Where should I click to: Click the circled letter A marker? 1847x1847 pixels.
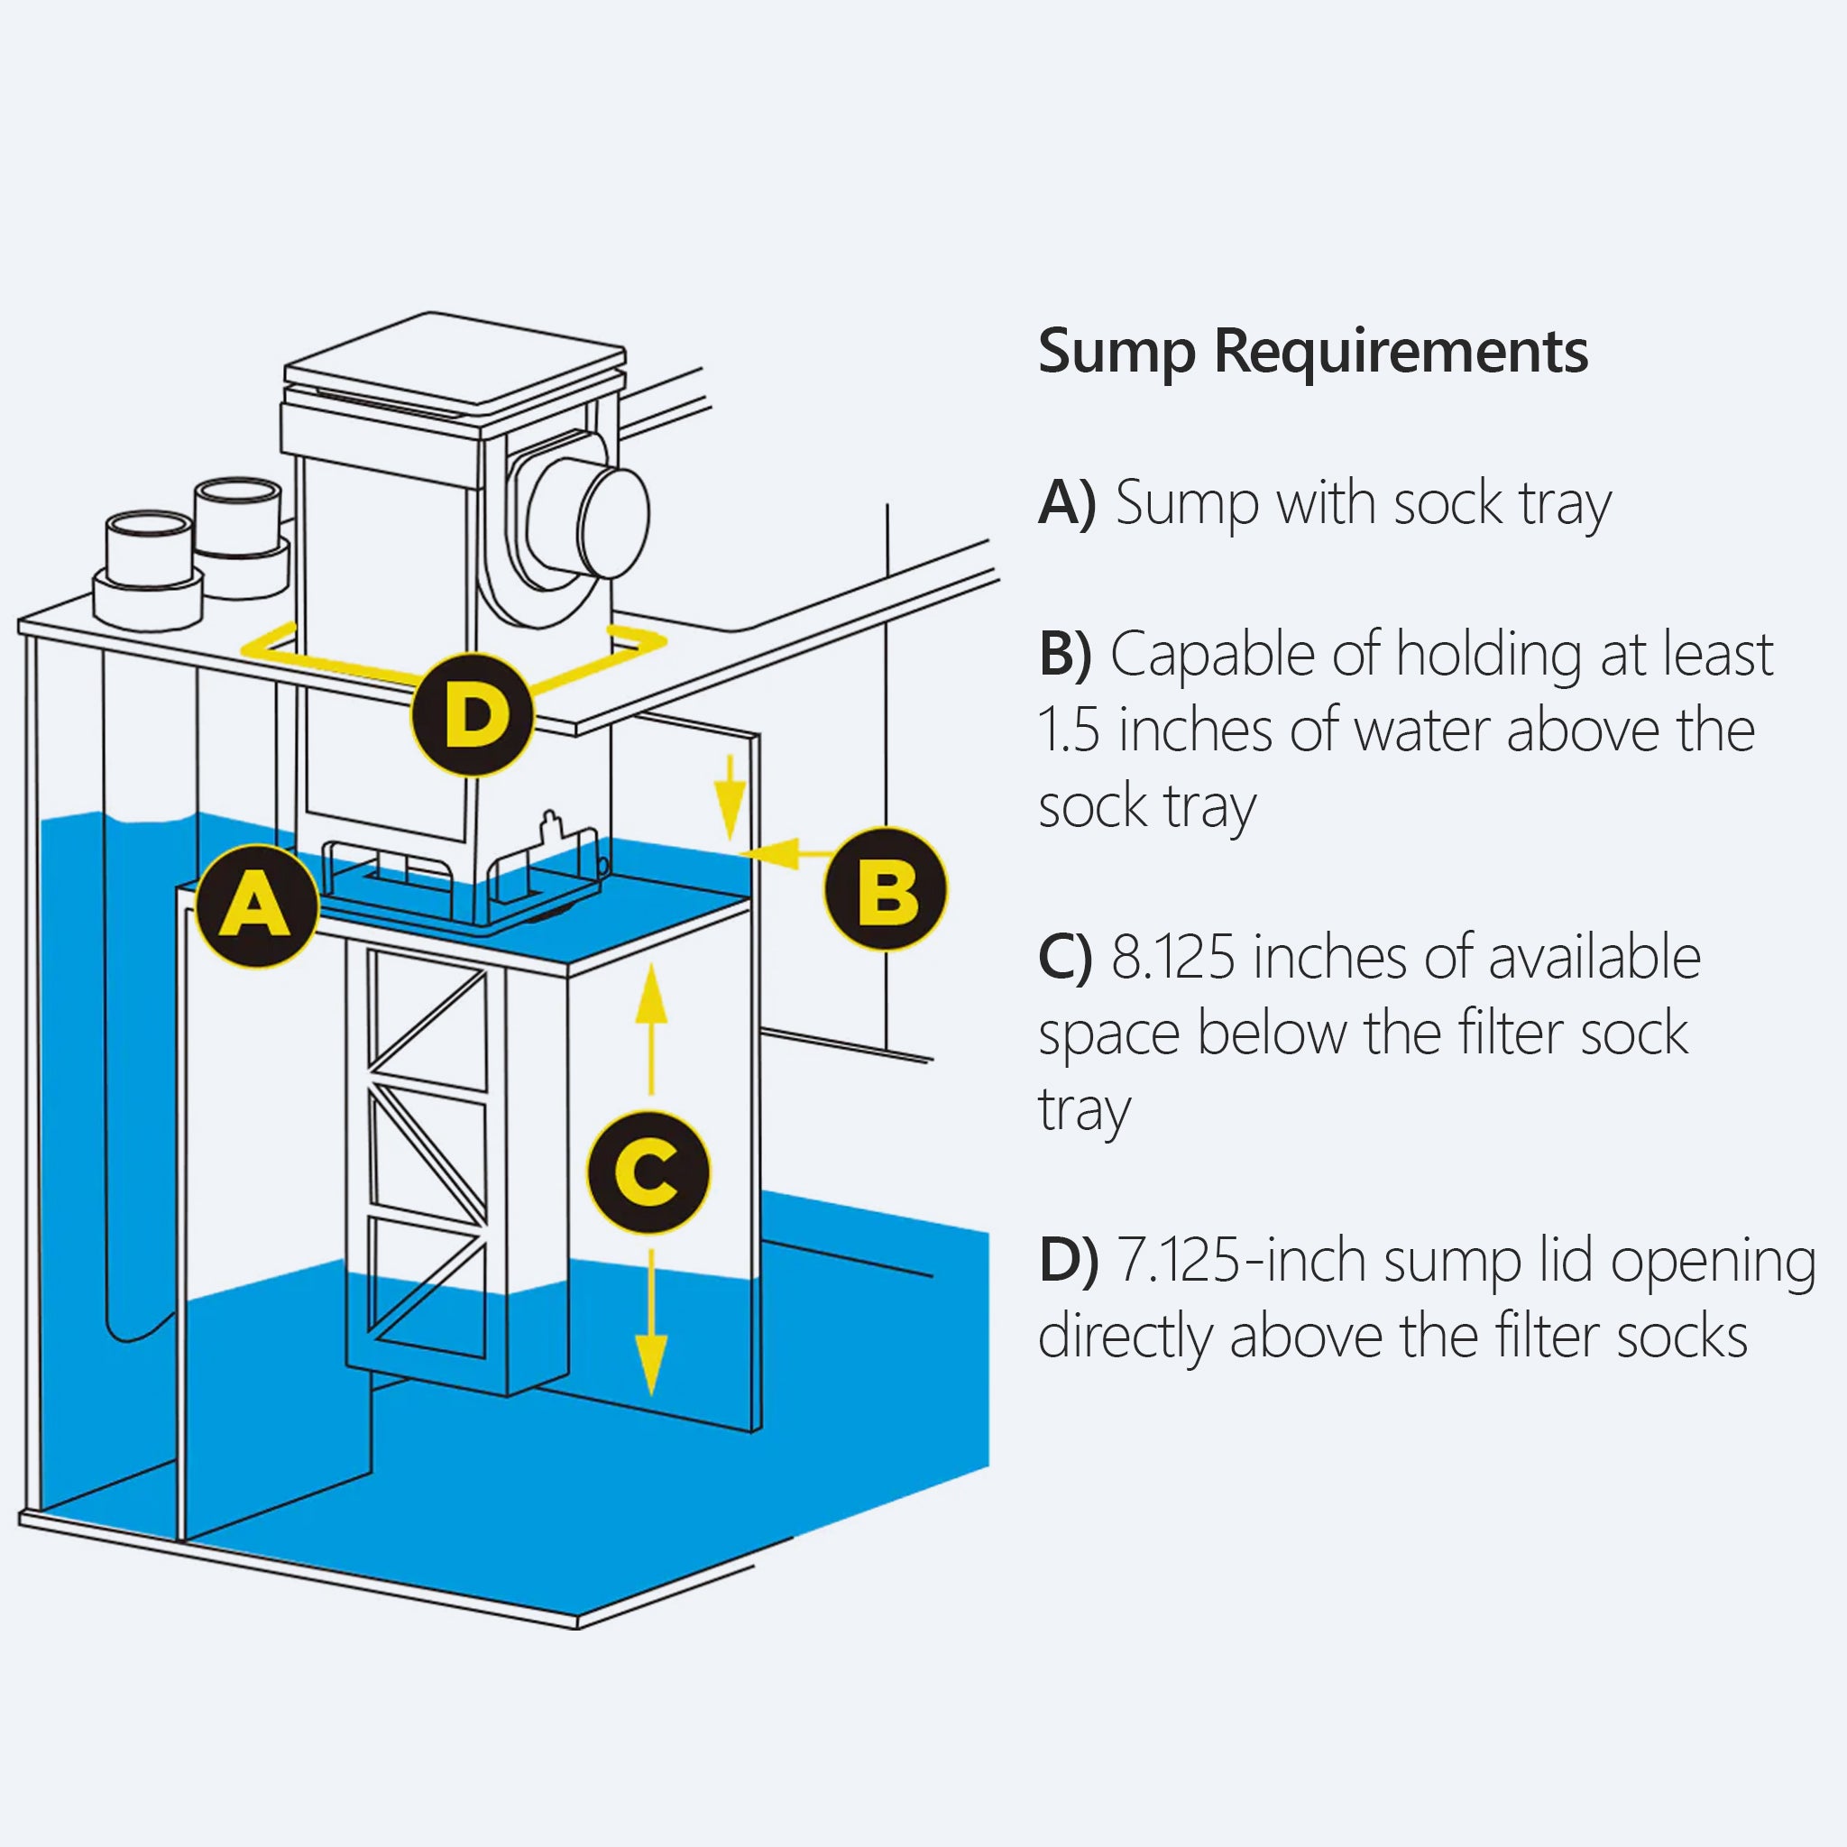(x=255, y=905)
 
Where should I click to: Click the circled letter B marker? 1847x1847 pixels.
(x=886, y=888)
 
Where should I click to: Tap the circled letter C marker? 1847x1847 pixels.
(x=648, y=1172)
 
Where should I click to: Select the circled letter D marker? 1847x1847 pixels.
(x=472, y=715)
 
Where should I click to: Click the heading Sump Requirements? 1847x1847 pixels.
(x=1312, y=352)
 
